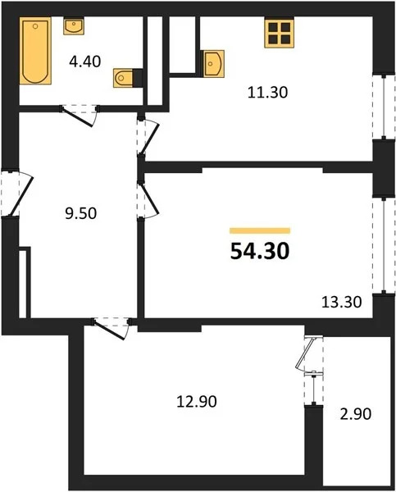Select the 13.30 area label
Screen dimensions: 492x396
(x=337, y=301)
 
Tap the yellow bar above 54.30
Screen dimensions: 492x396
(x=260, y=231)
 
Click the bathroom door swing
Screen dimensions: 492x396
(x=83, y=115)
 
